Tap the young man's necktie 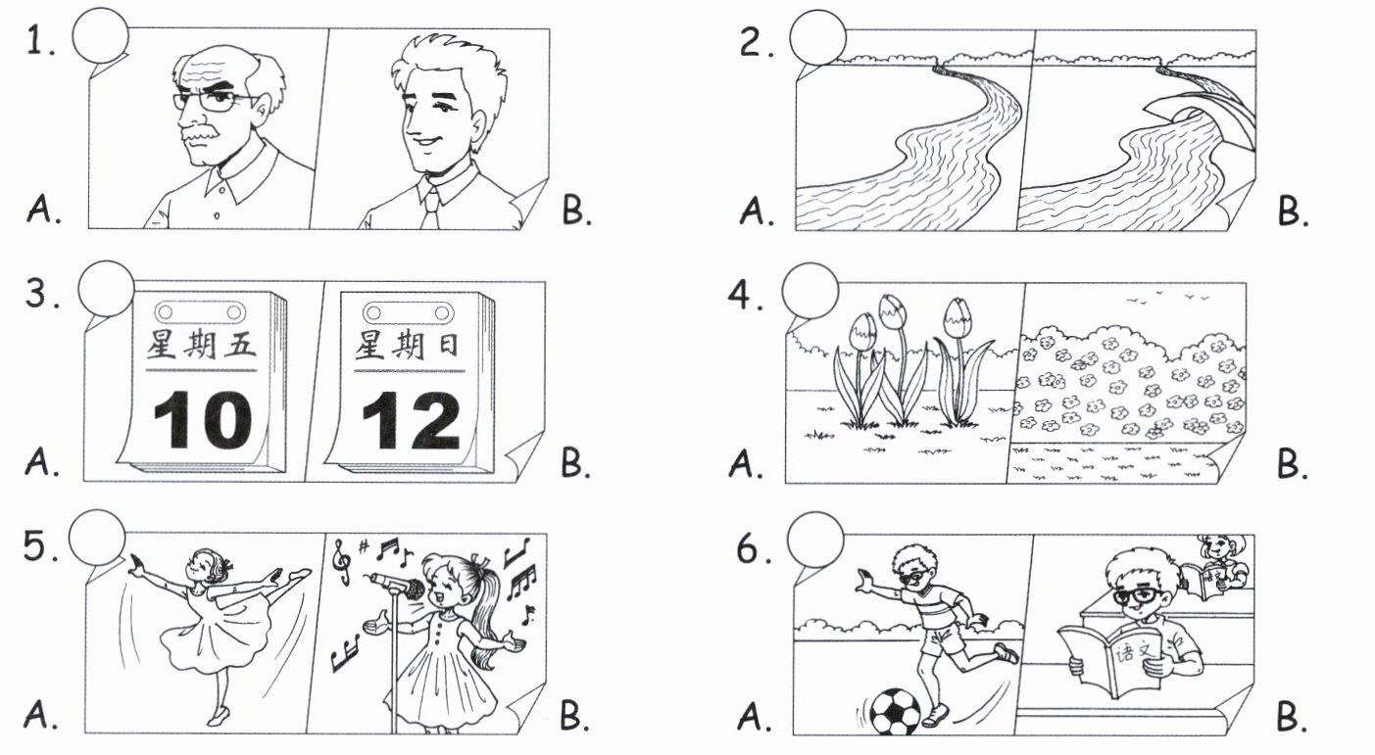pyautogui.click(x=431, y=209)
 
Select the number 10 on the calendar pyautogui.click(x=203, y=420)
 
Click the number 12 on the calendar pyautogui.click(x=412, y=421)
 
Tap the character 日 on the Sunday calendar pyautogui.click(x=448, y=346)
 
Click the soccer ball pyautogui.click(x=896, y=712)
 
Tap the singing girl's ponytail pyautogui.click(x=485, y=607)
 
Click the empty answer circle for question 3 pyautogui.click(x=106, y=289)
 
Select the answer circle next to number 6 pyautogui.click(x=815, y=541)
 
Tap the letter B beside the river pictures pyautogui.click(x=1292, y=212)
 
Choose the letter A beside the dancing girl pyautogui.click(x=40, y=715)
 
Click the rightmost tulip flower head pyautogui.click(x=956, y=317)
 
